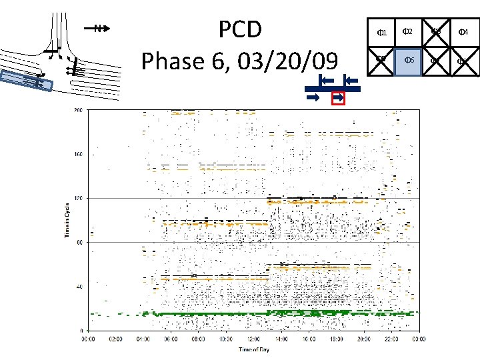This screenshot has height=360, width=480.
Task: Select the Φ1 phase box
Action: click(382, 32)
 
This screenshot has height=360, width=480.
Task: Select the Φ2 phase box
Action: click(409, 32)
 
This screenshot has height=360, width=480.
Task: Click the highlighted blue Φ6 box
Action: click(409, 61)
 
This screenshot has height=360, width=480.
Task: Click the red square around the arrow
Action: click(338, 98)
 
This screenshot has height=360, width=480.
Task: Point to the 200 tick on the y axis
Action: click(79, 109)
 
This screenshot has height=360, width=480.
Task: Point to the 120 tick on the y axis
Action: click(79, 198)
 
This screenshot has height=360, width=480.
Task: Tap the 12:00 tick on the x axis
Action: click(253, 339)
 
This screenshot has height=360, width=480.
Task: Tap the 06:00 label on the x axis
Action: click(171, 339)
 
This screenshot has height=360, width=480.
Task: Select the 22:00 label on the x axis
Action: click(390, 339)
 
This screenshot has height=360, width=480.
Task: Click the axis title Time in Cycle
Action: click(67, 220)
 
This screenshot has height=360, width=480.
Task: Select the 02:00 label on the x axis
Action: click(116, 339)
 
